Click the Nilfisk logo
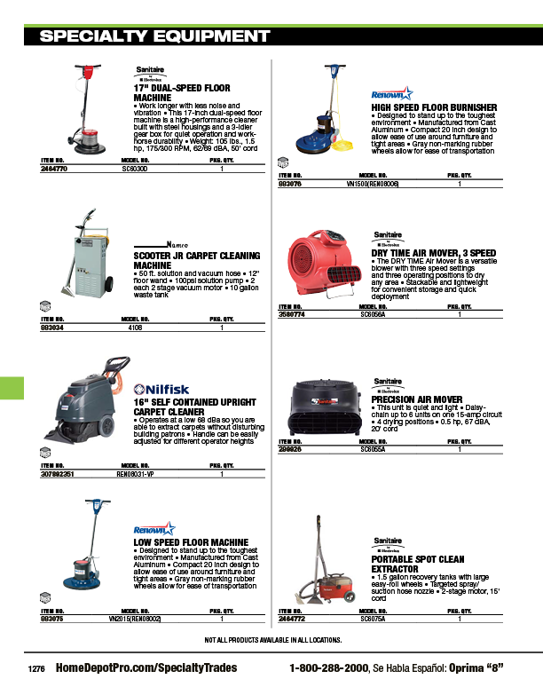[x=159, y=387]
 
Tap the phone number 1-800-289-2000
[x=328, y=667]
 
